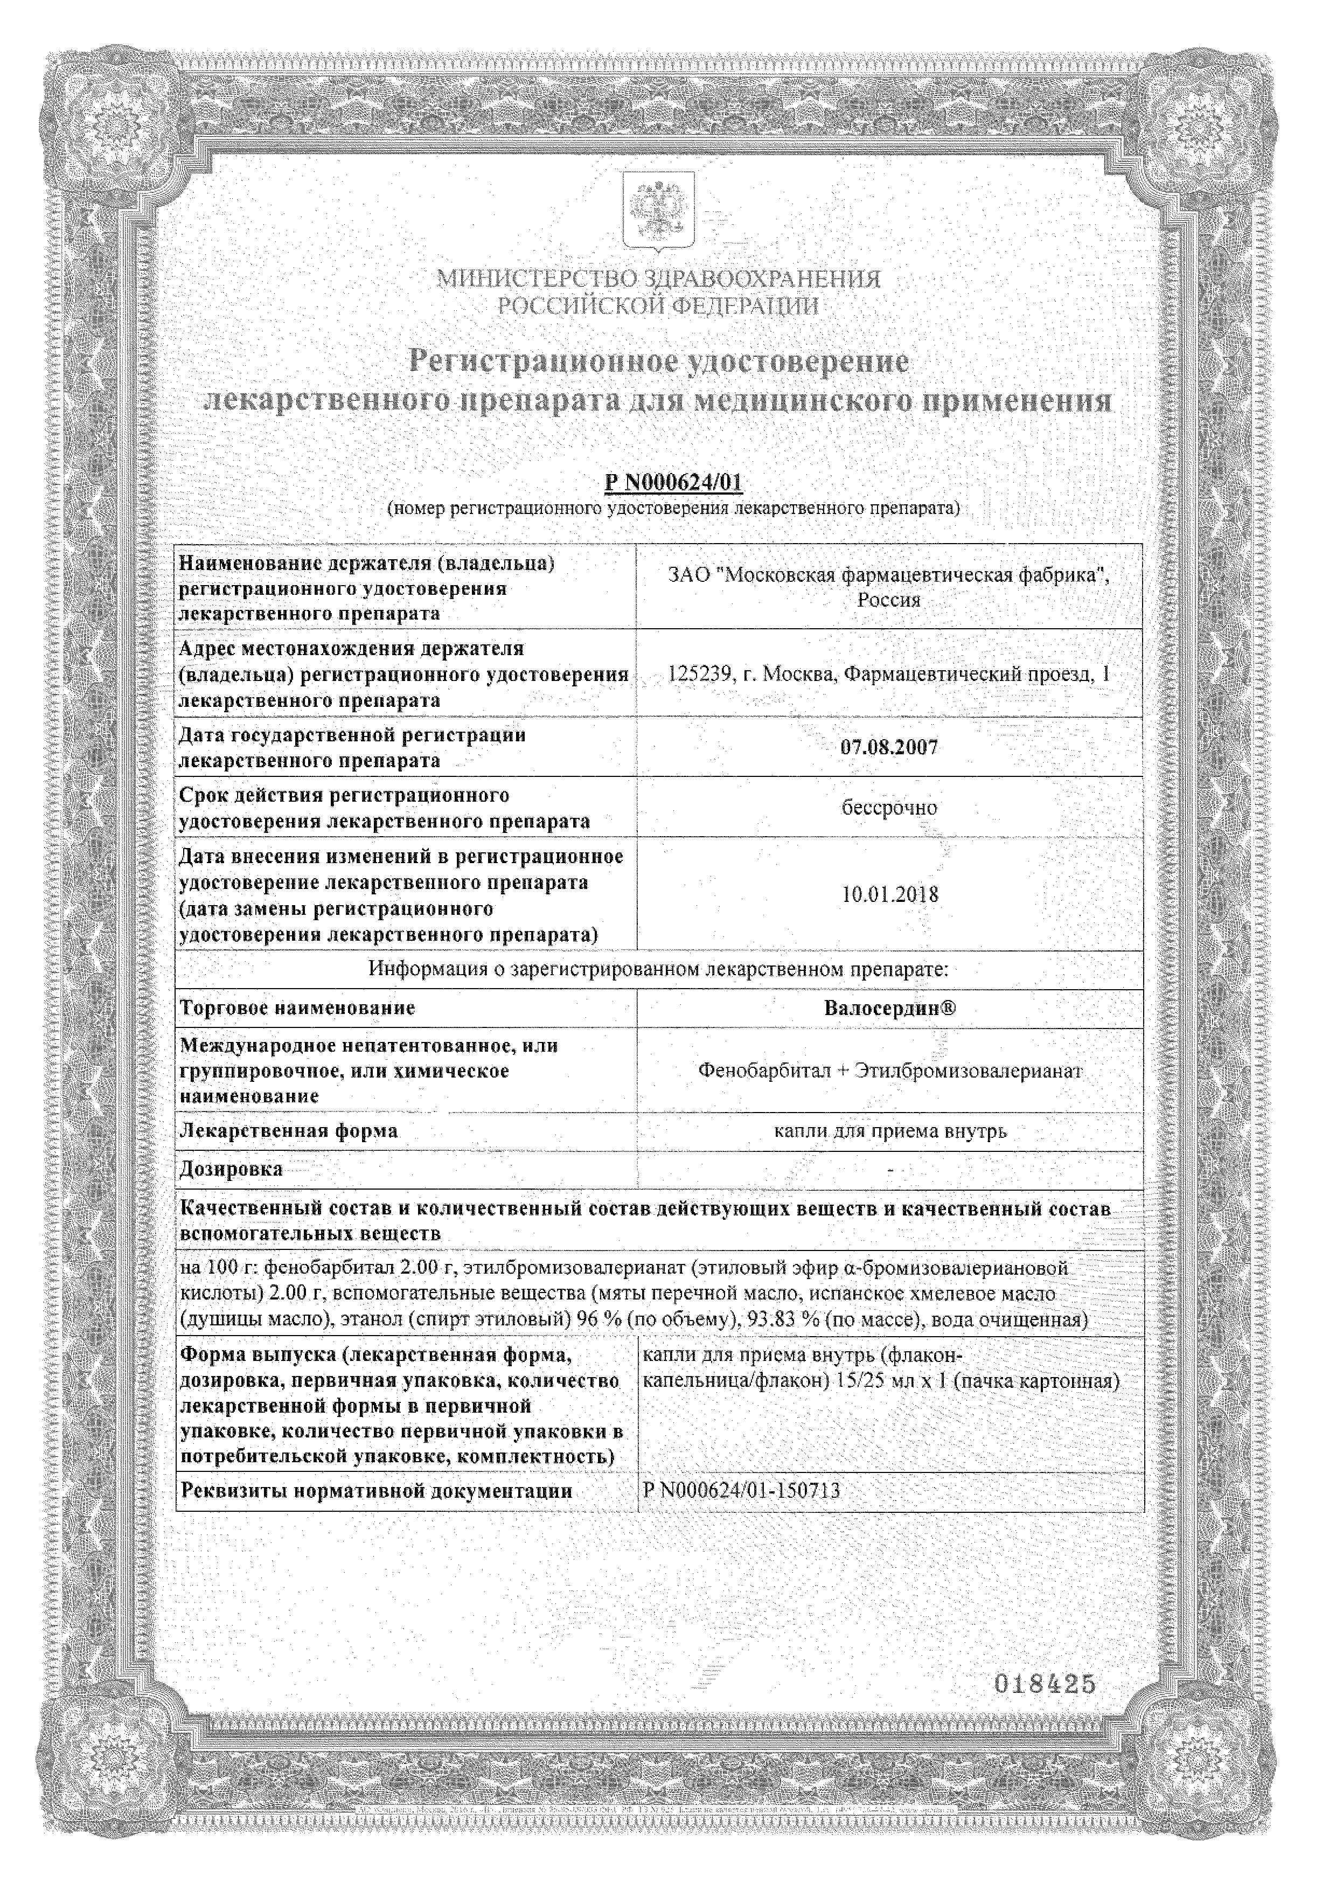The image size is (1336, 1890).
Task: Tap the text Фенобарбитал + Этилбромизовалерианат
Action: (890, 1071)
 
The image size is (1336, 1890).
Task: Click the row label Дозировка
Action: (231, 1169)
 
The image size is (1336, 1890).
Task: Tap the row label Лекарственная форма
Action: (289, 1131)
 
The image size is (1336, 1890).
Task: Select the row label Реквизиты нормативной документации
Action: (376, 1491)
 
